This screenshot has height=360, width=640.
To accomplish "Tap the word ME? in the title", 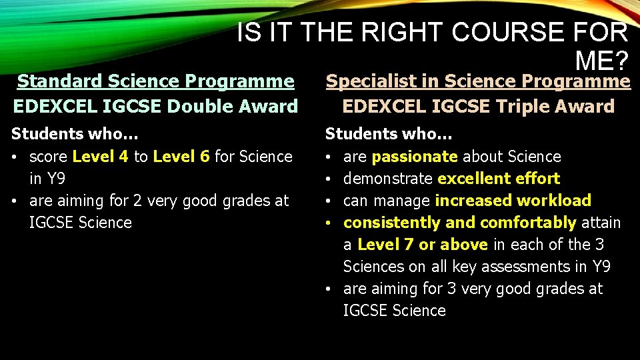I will (x=602, y=61).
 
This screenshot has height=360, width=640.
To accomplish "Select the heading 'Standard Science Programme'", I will (x=155, y=81).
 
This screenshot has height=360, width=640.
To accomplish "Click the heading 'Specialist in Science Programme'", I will (x=477, y=81).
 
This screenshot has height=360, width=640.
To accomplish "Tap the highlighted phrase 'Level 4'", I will (x=101, y=157).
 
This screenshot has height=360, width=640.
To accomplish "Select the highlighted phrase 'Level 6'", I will (x=181, y=157).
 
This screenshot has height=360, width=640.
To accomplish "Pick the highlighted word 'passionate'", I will (x=415, y=157).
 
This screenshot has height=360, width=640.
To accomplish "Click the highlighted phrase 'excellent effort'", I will (x=499, y=179).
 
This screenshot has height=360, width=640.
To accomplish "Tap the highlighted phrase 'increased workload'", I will (x=513, y=201).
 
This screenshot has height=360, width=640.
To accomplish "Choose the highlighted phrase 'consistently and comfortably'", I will (x=460, y=223).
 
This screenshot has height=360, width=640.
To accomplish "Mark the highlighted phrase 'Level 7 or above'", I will (x=423, y=245).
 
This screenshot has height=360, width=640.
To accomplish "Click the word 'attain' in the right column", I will (x=601, y=223).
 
